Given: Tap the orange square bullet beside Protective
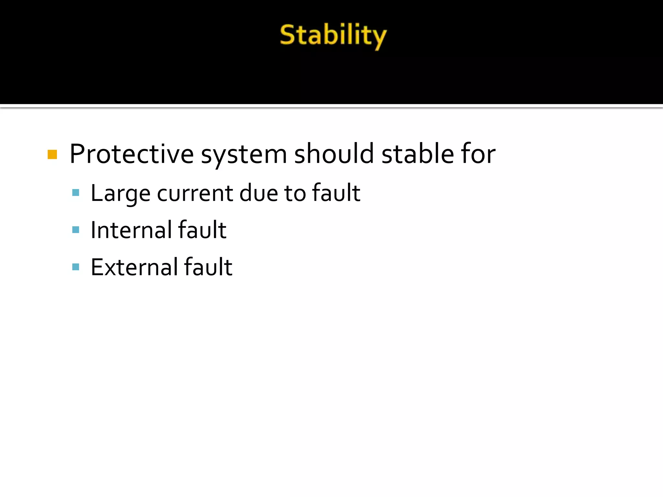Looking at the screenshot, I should point(52,154).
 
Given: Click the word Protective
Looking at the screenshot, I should point(131,154).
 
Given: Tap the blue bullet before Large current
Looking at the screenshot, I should point(76,193).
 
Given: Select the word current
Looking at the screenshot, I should point(195,193).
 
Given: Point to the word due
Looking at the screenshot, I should point(258,193).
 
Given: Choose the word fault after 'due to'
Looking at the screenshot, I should point(336,193).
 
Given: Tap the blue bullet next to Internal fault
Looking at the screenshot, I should point(76,230).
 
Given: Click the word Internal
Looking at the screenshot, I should point(131,230).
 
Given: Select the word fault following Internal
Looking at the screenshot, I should point(202,230).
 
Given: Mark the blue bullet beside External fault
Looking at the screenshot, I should point(76,267).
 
